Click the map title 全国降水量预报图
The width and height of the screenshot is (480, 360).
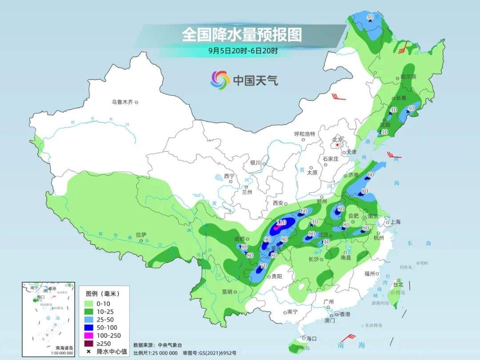241,34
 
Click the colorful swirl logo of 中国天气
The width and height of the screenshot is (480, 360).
220,80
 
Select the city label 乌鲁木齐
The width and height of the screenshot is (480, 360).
122,102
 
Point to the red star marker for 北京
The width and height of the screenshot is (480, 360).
337,145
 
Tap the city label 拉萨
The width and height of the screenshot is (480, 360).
141,235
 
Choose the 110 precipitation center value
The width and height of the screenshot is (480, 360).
281,222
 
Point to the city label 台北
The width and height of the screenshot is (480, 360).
398,284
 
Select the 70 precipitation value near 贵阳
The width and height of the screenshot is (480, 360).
263,266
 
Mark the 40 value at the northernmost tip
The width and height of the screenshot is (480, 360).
370,17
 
